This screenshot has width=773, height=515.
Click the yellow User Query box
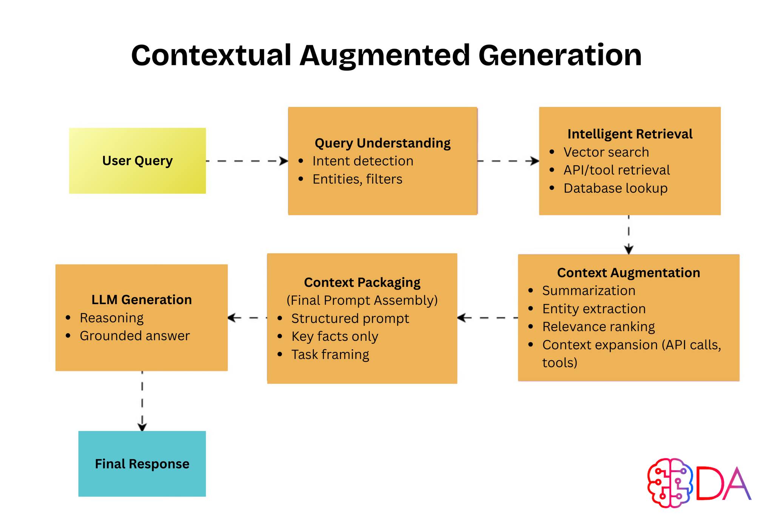tap(137, 161)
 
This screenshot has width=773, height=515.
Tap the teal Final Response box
tap(142, 464)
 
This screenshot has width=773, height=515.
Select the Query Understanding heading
tap(382, 143)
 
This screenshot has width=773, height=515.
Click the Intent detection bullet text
tap(363, 161)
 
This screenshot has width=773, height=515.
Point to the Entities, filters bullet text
tap(357, 179)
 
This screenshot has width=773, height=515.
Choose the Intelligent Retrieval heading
tap(630, 134)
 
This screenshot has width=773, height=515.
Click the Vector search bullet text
tap(606, 152)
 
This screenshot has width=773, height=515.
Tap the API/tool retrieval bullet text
tap(617, 170)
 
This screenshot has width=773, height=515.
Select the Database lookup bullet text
tap(616, 188)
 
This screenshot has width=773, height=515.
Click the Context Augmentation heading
tap(628, 272)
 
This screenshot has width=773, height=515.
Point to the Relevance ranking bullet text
tap(599, 327)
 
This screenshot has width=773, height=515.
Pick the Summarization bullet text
tap(589, 291)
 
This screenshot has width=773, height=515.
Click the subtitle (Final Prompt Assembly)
tap(362, 300)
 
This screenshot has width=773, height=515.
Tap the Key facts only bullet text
tap(334, 337)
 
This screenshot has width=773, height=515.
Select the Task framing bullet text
tap(330, 355)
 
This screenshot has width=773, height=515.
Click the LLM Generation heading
tap(142, 300)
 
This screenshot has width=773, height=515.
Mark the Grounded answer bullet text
tap(135, 336)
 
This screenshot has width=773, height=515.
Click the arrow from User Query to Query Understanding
tap(247, 161)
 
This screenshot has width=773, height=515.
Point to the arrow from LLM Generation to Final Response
tap(142, 401)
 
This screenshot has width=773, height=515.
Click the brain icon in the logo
tap(670, 483)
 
